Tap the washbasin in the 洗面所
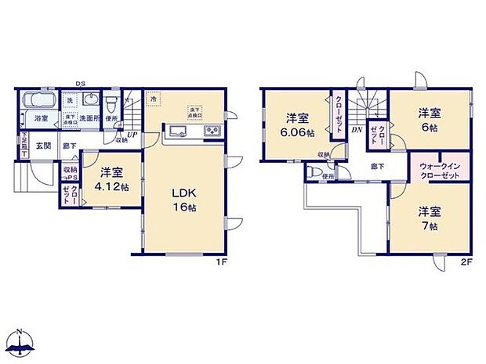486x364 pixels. click(x=89, y=103)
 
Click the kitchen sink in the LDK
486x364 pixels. click(x=175, y=131)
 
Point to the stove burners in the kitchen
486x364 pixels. click(x=212, y=131)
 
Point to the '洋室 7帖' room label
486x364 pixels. click(x=427, y=218)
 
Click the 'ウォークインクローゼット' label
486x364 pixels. click(x=440, y=171)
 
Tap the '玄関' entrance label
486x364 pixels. click(x=44, y=145)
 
